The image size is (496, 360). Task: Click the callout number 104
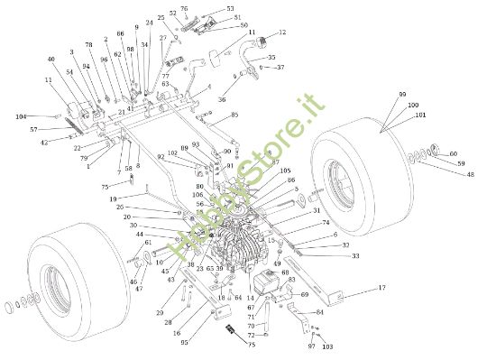tap(21, 117)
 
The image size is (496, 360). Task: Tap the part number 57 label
tap(33, 130)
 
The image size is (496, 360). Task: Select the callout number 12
tap(282, 32)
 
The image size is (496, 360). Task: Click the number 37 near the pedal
tap(280, 67)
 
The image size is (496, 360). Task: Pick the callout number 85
tap(234, 115)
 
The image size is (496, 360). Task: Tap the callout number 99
tap(402, 94)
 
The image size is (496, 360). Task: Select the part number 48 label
tap(470, 174)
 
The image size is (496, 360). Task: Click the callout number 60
tap(454, 153)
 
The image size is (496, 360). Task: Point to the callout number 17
tap(381, 288)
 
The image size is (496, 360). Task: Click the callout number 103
tap(327, 346)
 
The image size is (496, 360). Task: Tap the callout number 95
tap(184, 343)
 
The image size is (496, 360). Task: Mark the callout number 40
tap(51, 60)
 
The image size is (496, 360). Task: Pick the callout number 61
tap(148, 243)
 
